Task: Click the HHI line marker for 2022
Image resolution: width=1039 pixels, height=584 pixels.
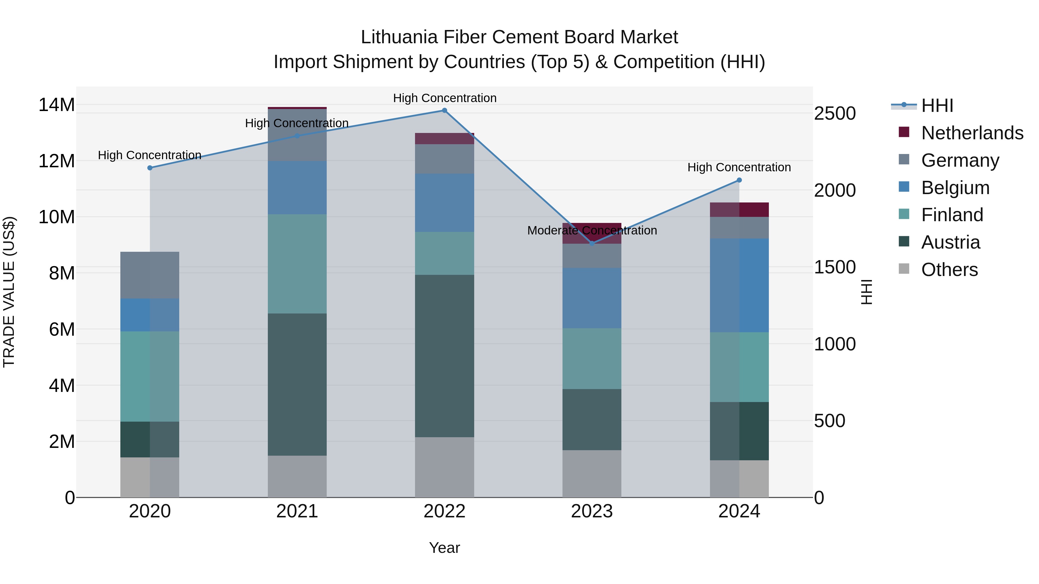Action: [444, 110]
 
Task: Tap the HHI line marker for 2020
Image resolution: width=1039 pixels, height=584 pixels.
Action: [150, 168]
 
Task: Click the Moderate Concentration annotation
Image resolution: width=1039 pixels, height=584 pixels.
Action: [592, 230]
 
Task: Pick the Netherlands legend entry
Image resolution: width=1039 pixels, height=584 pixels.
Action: [972, 133]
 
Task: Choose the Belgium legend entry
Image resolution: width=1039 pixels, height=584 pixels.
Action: [955, 188]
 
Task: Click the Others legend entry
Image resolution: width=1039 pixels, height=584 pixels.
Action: [950, 270]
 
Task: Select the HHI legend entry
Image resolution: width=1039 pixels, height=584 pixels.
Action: [937, 106]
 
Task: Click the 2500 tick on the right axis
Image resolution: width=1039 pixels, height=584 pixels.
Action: [834, 113]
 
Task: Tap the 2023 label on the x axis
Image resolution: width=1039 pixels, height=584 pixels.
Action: [592, 511]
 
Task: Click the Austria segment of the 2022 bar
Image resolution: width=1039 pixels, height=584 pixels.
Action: [444, 356]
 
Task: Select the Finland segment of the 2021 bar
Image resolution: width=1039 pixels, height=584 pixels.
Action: [297, 264]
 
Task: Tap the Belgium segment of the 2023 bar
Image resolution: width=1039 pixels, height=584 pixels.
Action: [592, 298]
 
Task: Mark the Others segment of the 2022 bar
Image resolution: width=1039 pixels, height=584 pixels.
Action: [444, 467]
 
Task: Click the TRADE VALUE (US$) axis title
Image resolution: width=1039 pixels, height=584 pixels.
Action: [9, 292]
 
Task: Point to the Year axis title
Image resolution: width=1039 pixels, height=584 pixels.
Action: [444, 548]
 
